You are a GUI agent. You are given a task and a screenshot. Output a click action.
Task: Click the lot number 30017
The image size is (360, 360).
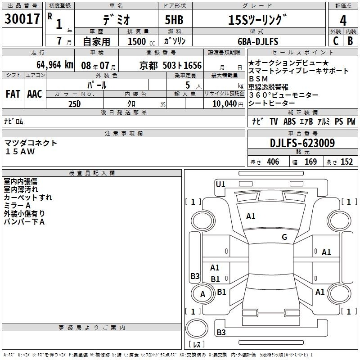22,19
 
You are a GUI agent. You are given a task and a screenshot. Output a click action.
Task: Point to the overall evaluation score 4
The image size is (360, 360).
343,20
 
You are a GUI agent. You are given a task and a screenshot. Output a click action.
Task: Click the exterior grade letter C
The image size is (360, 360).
335,40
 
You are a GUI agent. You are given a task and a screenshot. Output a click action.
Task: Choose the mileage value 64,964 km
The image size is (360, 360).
53,64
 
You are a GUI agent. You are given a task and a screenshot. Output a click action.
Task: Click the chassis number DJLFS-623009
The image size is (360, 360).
302,143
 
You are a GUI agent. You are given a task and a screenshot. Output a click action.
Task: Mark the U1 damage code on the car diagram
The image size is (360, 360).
220,184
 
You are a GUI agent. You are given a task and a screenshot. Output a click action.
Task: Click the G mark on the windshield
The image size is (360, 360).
284,237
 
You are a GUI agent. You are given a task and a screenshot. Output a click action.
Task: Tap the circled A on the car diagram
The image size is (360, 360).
203,294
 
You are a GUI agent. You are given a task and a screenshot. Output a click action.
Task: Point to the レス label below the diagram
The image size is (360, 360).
197,344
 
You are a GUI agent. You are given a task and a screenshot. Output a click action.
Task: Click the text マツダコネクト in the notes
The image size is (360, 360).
31,143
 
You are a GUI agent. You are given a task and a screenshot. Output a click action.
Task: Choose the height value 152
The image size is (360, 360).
346,162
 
